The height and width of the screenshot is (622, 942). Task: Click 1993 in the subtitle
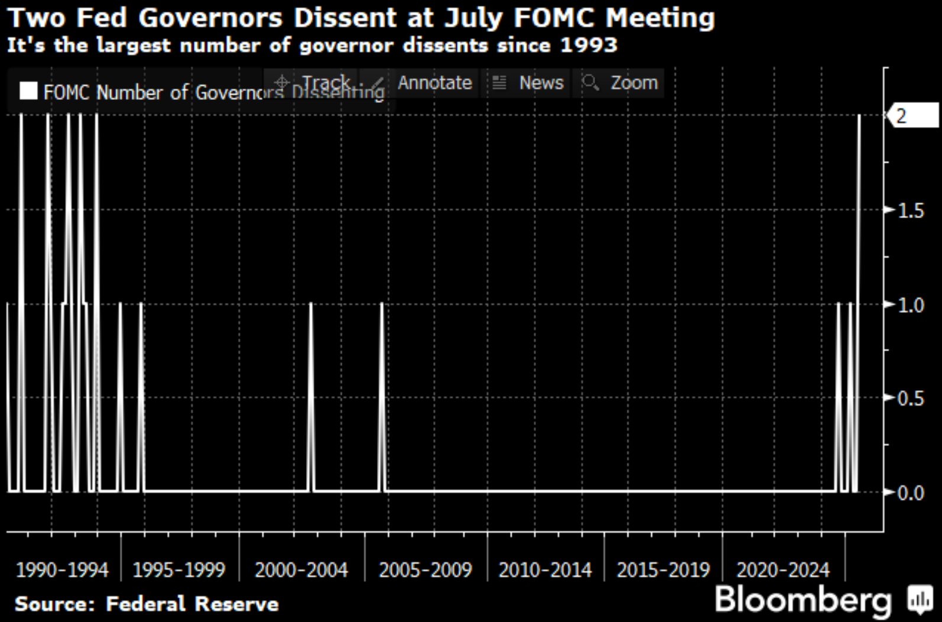click(x=588, y=46)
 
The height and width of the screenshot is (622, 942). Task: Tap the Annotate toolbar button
click(x=434, y=83)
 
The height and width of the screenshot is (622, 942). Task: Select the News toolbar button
click(x=541, y=83)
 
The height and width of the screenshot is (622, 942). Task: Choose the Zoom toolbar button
click(x=634, y=83)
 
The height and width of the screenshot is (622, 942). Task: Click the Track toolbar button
click(x=325, y=83)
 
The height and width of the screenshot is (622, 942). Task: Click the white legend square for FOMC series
click(x=28, y=91)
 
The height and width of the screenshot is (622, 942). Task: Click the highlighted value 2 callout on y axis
click(x=912, y=115)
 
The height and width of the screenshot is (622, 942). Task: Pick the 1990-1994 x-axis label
click(x=62, y=570)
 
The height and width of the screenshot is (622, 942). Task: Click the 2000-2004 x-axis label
click(x=301, y=570)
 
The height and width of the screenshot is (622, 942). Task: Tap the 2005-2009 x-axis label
click(x=425, y=570)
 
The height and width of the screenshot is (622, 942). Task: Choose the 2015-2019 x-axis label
click(x=663, y=570)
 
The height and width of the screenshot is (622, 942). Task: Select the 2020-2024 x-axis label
click(x=783, y=570)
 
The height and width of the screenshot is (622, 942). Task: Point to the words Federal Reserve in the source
click(x=192, y=604)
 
